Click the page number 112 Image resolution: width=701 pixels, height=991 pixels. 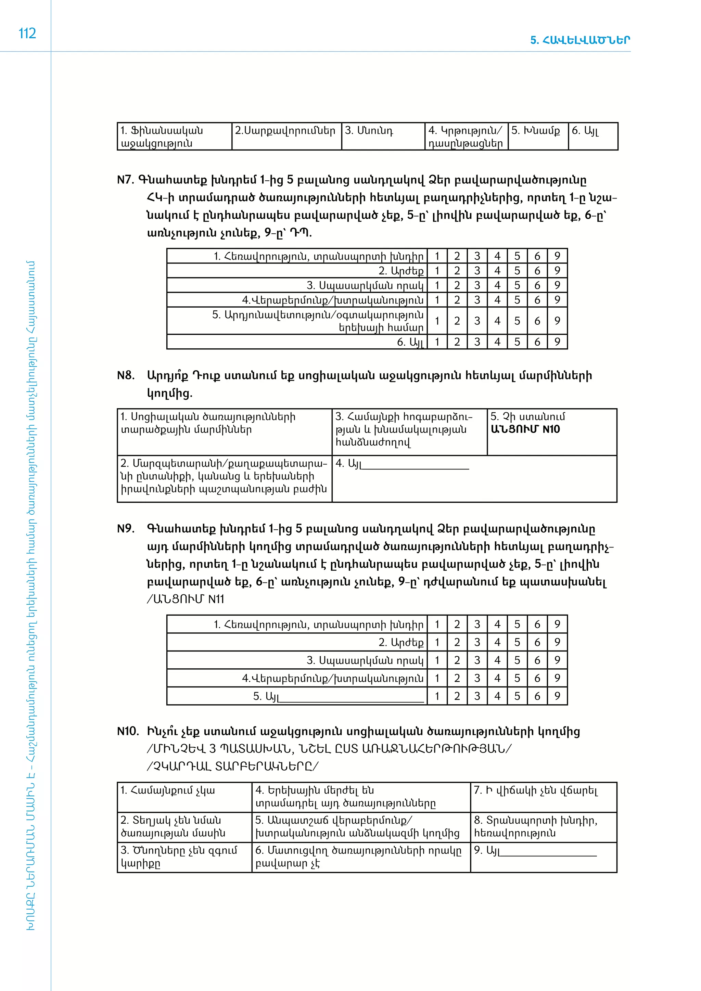tap(27, 34)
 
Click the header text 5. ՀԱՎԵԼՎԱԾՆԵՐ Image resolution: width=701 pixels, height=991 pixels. tap(580, 40)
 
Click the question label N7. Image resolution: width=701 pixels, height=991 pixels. tap(126, 180)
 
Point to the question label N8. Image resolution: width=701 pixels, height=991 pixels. tap(126, 375)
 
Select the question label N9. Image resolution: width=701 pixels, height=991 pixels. tap(126, 529)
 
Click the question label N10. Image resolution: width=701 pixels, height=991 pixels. tap(128, 731)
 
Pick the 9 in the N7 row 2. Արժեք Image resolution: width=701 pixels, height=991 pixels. tap(557, 271)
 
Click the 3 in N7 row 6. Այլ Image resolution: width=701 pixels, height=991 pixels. tap(477, 342)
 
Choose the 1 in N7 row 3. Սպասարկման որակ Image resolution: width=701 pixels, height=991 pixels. tap(437, 285)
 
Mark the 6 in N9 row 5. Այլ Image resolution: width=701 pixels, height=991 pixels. tap(537, 696)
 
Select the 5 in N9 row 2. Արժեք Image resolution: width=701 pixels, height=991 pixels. tap(517, 642)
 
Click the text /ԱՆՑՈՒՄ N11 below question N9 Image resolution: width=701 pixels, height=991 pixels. tap(186, 599)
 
